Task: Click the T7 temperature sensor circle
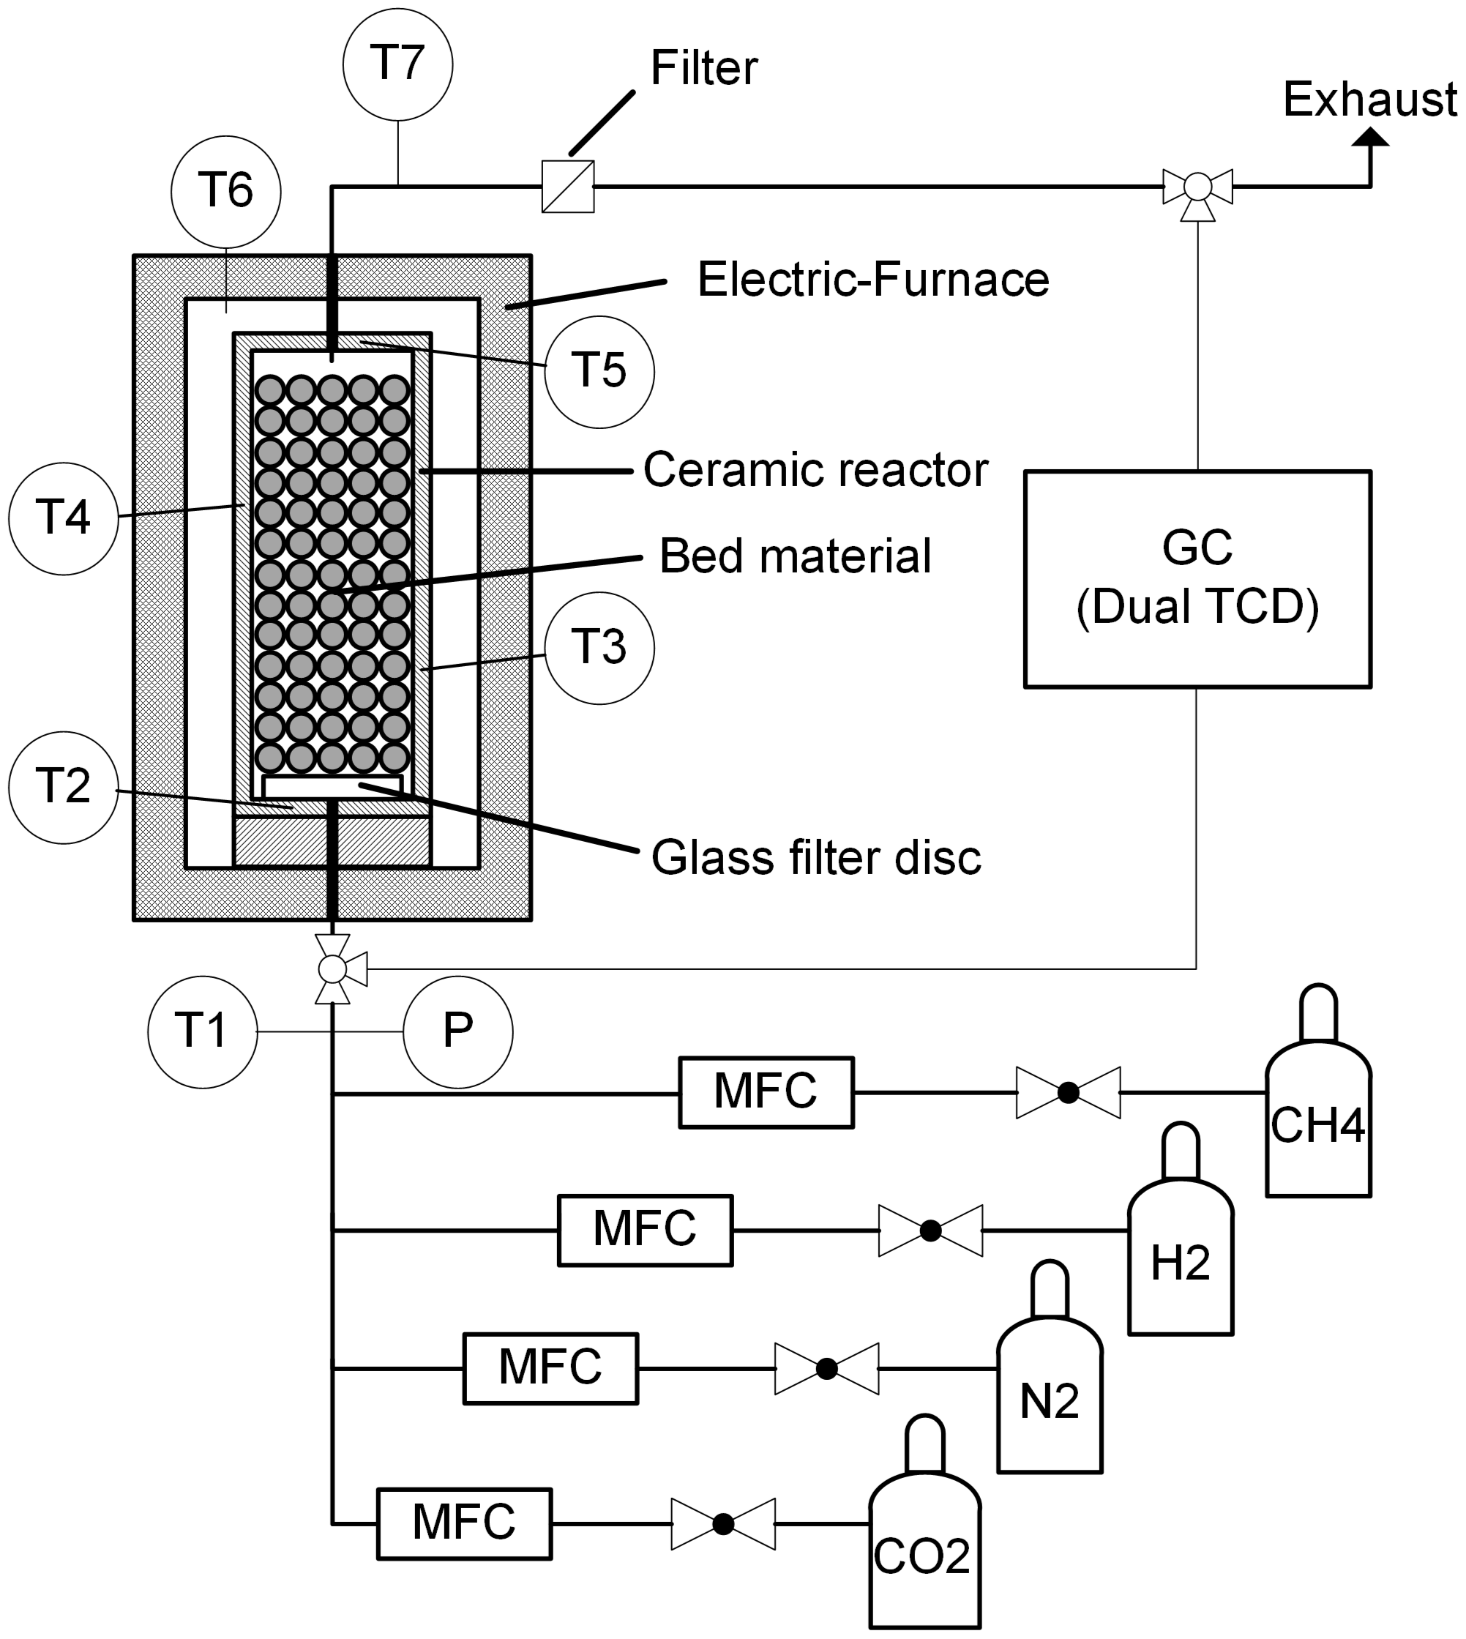pos(397,64)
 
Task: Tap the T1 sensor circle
pos(202,1032)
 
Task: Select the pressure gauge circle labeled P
pos(457,1032)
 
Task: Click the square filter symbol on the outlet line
pos(568,187)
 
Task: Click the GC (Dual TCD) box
pos(1197,578)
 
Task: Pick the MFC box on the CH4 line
pos(766,1093)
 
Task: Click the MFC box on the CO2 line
pos(465,1524)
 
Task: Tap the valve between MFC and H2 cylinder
pos(930,1231)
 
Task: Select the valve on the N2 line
pos(826,1368)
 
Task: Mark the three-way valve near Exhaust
pos(1198,187)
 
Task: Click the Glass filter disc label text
pos(816,857)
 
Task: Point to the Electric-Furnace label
pos(873,280)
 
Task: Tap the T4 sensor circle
pos(64,518)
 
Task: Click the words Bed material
pos(795,556)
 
